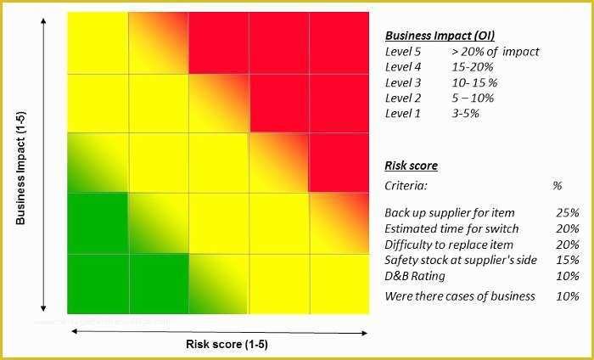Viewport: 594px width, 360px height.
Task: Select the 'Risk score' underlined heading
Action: click(411, 166)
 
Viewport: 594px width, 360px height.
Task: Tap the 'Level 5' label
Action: click(402, 52)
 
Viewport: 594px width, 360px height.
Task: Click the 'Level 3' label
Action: click(402, 82)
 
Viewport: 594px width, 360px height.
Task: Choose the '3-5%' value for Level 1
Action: click(466, 113)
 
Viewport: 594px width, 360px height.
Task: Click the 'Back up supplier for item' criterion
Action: click(450, 212)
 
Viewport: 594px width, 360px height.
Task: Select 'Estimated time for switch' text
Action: click(451, 228)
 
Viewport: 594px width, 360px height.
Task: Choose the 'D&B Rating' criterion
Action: click(415, 275)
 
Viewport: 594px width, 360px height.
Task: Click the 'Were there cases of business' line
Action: click(460, 296)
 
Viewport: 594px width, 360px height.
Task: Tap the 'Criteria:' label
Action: click(406, 185)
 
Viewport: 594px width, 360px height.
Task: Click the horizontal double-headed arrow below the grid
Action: click(218, 330)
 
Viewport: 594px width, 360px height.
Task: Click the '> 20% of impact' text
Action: click(496, 52)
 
